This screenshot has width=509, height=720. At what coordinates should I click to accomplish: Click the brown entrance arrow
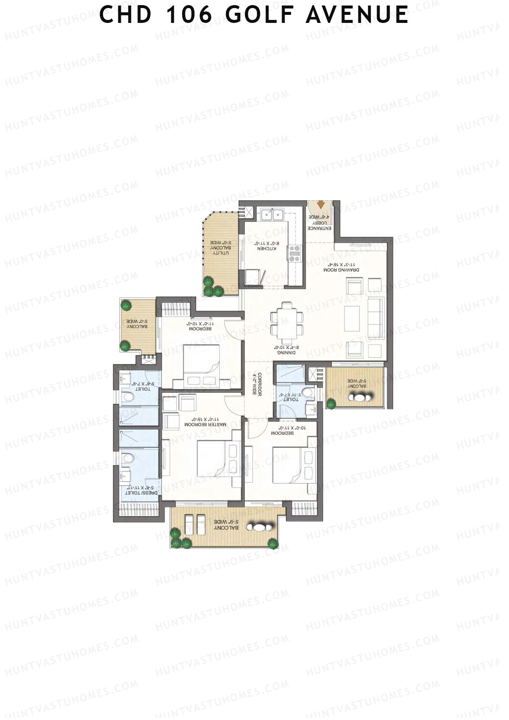click(321, 205)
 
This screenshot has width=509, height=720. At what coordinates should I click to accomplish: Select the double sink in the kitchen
click(272, 215)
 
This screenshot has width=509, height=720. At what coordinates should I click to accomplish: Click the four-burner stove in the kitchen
click(294, 253)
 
